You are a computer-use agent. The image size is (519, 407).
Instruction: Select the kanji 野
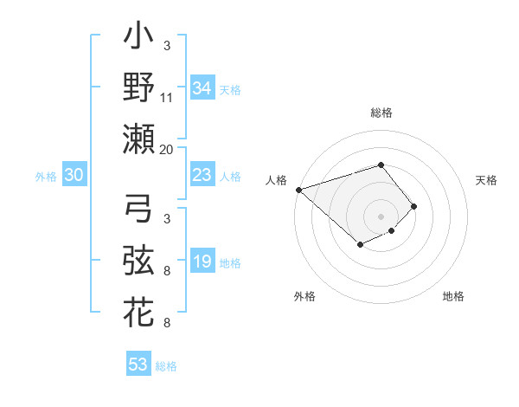(x=139, y=87)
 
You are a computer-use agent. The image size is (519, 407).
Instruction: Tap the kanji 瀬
(x=139, y=139)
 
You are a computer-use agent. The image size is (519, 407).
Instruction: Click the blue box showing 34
(x=202, y=88)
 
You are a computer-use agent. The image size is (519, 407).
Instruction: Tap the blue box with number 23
(x=202, y=176)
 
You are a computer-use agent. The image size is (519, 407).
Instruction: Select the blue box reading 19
(x=202, y=262)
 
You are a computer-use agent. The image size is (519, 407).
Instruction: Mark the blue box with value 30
(x=74, y=176)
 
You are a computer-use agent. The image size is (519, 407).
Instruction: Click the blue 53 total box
(x=138, y=365)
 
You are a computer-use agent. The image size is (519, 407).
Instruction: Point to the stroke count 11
(x=167, y=98)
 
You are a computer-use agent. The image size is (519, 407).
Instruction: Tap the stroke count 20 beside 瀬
(x=167, y=149)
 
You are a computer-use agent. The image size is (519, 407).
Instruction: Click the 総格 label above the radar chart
(x=381, y=113)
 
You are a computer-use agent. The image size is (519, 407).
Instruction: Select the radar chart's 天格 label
(x=487, y=180)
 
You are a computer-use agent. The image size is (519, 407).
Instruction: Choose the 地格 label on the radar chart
(x=453, y=296)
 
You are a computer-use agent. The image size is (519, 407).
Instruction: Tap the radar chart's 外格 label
(x=304, y=296)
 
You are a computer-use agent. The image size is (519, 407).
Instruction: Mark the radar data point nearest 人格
(x=298, y=189)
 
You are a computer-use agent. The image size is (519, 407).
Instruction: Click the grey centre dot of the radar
(x=381, y=216)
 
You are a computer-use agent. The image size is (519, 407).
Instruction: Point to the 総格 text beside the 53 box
(x=166, y=366)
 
